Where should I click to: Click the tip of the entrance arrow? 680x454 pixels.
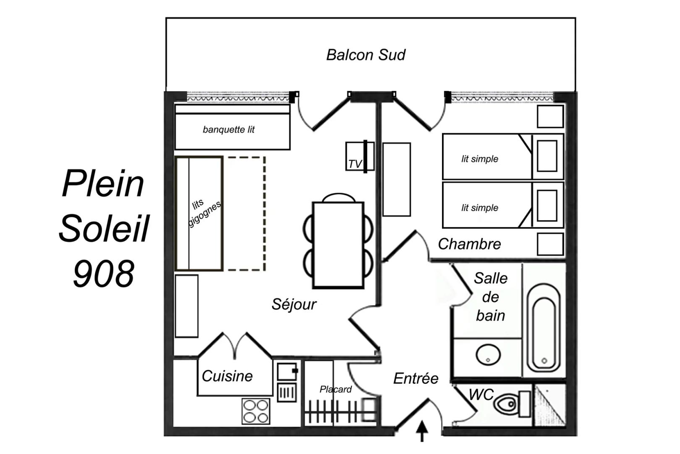coord(422,420)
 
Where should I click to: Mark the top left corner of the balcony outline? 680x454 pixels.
coord(166,18)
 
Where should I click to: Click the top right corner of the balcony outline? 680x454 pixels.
coord(575,18)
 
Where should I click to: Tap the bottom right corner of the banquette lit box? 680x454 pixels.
coord(290,149)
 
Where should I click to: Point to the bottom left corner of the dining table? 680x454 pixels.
coord(313,288)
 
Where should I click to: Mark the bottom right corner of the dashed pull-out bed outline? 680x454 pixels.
coord(265,270)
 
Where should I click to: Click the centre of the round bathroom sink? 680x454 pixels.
coord(488,354)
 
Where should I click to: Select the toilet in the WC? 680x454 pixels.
coord(512,404)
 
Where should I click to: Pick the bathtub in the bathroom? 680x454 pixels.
coord(544,328)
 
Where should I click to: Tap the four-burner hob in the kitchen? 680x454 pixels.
coord(256,412)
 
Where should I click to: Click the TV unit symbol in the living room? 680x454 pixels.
coord(360,156)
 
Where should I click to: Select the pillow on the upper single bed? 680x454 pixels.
coord(547,156)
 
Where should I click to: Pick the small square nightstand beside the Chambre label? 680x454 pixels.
coord(550,244)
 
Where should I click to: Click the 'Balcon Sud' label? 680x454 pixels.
coord(366,55)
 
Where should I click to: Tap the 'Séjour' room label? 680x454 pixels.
coord(294,304)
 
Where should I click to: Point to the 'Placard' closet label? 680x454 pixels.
coord(335,389)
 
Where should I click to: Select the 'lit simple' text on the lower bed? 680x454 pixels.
coord(480,208)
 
